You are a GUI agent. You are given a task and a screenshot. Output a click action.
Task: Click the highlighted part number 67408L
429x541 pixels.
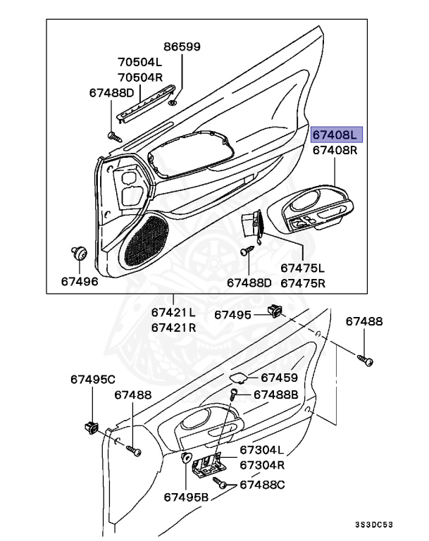click(335, 133)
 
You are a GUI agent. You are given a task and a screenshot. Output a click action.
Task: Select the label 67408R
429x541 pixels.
click(335, 150)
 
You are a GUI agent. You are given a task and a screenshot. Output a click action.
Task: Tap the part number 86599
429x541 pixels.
click(182, 47)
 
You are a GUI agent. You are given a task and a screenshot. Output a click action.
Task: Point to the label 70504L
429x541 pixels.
click(139, 61)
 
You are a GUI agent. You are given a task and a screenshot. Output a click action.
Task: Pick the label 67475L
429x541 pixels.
click(302, 268)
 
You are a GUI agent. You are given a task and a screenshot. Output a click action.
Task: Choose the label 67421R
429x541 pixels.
click(173, 328)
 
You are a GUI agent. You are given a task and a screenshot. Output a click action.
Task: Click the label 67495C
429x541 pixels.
click(92, 379)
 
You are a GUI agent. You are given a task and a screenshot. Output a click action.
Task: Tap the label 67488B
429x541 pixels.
click(275, 394)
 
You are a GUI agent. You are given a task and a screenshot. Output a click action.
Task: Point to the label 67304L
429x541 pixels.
click(261, 449)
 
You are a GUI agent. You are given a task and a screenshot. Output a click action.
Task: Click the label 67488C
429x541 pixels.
click(262, 484)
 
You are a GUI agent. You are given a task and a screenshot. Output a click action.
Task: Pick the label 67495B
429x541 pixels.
click(187, 497)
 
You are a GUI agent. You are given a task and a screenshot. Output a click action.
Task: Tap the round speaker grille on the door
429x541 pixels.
click(147, 240)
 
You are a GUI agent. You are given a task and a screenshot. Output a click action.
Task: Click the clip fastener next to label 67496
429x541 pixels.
click(79, 253)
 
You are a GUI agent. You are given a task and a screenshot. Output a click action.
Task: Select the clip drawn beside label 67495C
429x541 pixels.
click(91, 425)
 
